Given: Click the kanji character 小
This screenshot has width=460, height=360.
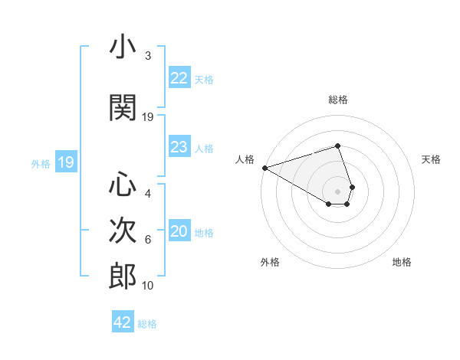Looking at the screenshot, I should (x=123, y=48).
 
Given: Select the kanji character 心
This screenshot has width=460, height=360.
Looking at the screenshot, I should (x=123, y=185).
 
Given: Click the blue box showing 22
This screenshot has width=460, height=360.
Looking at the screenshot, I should (x=179, y=78).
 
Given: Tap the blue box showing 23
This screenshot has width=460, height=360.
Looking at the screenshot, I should (x=179, y=147).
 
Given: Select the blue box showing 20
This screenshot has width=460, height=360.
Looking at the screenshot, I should (x=179, y=231).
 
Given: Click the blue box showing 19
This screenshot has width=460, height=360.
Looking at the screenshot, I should (x=66, y=162).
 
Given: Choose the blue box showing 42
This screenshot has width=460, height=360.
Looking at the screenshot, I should (x=123, y=322).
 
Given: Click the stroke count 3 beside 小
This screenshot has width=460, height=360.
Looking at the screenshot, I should (x=147, y=56).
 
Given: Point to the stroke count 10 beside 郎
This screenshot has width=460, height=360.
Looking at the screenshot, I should (x=148, y=286).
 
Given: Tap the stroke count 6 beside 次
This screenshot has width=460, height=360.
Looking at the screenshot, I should (x=147, y=240).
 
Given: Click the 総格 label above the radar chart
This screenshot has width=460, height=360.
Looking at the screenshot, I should (x=337, y=100).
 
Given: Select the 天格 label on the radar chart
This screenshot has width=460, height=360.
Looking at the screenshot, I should (x=432, y=159).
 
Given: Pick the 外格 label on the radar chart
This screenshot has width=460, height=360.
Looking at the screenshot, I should (x=270, y=262).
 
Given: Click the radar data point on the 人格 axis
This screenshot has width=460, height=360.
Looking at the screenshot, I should (x=264, y=167).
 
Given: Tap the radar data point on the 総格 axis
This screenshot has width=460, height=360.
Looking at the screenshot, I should (x=337, y=146).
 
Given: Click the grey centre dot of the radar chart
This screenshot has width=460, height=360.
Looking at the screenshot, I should (x=337, y=191).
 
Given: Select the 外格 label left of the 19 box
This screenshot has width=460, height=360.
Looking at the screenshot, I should (x=41, y=163).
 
